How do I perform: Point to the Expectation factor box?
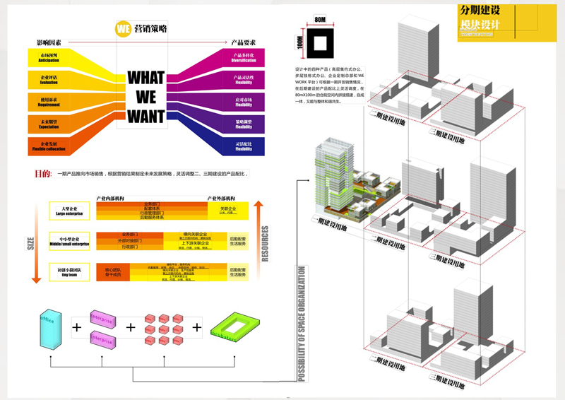click(49, 124)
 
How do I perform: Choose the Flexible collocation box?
click(49, 146)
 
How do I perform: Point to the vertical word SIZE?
click(30, 244)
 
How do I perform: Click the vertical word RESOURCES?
click(265, 244)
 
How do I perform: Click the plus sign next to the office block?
click(76, 328)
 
